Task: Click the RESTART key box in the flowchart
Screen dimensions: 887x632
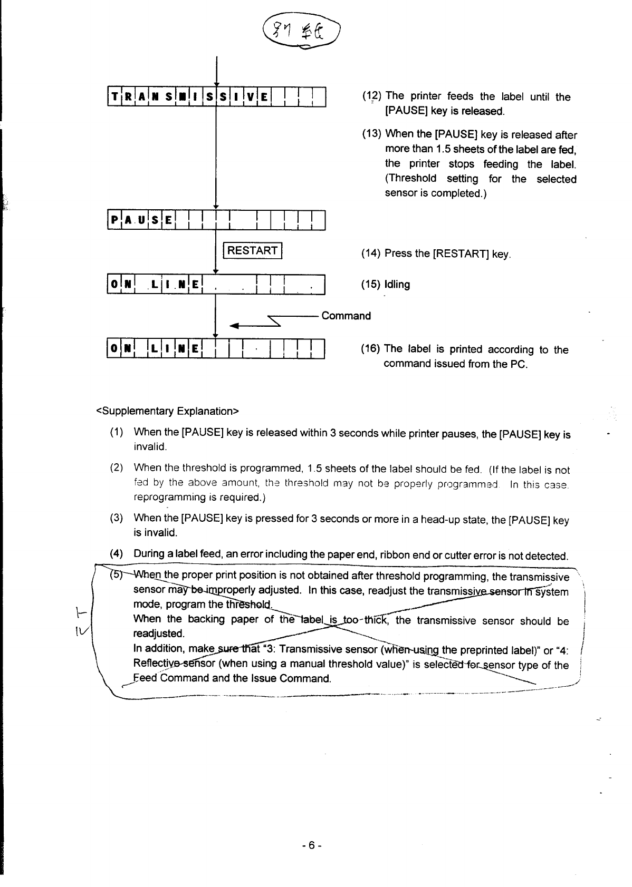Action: [253, 250]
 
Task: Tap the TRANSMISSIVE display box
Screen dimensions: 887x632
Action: [216, 96]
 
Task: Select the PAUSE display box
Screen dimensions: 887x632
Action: [216, 220]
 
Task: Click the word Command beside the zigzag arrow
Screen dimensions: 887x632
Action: [346, 316]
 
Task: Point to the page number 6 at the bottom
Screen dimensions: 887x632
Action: [312, 845]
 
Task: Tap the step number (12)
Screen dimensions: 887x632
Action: [372, 96]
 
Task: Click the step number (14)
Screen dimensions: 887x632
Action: [371, 254]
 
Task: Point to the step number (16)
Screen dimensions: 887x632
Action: [371, 349]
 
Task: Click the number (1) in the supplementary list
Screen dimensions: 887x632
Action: [117, 433]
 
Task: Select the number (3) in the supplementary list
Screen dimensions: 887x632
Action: [117, 519]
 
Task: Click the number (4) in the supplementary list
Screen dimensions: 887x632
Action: [117, 554]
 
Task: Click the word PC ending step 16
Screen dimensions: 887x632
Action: [519, 364]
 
